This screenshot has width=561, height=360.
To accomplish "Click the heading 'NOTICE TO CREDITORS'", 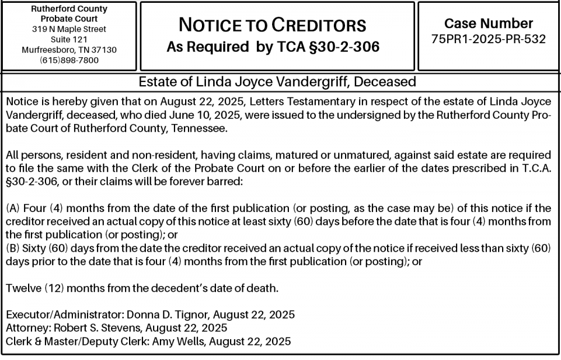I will [x=273, y=25].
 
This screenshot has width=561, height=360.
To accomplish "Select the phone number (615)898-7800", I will [x=69, y=60].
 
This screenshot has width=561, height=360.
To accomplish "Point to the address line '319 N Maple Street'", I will [x=69, y=29].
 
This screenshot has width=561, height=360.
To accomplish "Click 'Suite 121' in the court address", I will [x=69, y=39].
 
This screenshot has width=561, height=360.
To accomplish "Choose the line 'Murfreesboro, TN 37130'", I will [x=69, y=49].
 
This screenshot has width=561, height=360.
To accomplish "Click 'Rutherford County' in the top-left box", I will [x=69, y=9].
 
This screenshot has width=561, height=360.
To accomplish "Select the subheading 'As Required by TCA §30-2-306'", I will [x=273, y=47].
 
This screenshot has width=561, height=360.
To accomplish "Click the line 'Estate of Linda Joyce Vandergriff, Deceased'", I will [x=277, y=82].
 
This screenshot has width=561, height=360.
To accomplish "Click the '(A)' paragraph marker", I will [x=13, y=208].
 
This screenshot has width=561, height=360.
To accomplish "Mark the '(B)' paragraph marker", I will [x=13, y=248].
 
